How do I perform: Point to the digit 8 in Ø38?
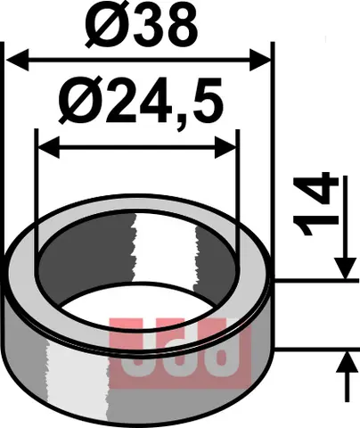[177, 27]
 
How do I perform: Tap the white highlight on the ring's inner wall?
[164, 250]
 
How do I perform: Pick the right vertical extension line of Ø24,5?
[238, 178]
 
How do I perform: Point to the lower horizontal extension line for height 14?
[312, 350]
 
